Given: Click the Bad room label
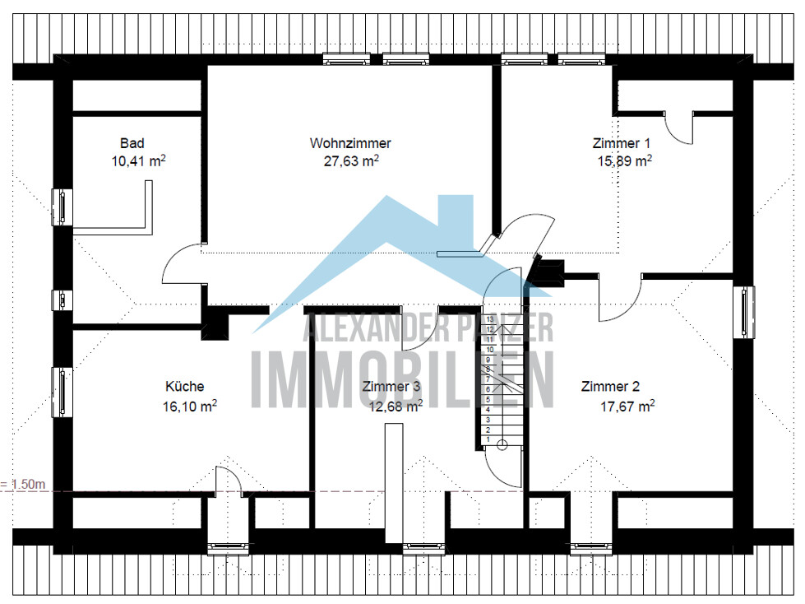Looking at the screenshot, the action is click(132, 143).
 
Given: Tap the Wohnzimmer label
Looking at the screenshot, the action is click(350, 143).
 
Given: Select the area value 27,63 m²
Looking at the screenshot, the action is click(351, 160).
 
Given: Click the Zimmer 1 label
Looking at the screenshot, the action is click(621, 143).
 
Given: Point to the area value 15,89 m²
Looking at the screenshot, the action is click(624, 160).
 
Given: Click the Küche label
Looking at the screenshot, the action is click(185, 386).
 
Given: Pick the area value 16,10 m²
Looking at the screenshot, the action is click(190, 407).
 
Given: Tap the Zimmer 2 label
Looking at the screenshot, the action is click(610, 386).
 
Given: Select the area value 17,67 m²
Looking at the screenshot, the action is click(627, 407).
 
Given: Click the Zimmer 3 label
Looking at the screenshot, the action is click(391, 386).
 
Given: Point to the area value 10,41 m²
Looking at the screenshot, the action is click(139, 160).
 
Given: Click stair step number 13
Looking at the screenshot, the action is click(490, 319).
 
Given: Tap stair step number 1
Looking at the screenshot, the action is click(488, 439).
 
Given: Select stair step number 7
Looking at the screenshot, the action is click(488, 379).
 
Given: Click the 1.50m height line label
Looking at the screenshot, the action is click(23, 484).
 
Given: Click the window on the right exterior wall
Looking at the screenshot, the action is click(744, 312).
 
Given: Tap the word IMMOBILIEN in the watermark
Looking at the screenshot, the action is click(403, 380).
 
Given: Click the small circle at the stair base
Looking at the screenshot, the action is click(502, 445).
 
